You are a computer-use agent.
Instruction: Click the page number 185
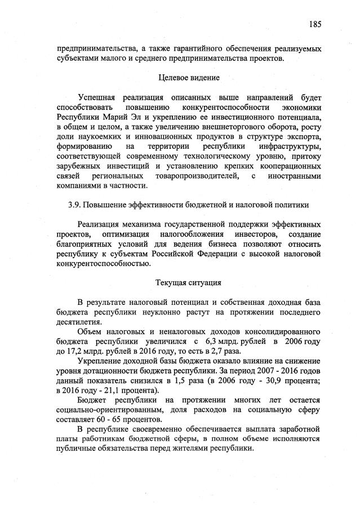[314, 24]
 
